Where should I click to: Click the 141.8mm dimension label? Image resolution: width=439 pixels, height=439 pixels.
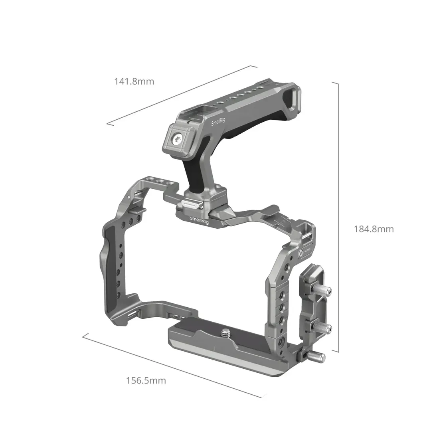(x=134, y=82)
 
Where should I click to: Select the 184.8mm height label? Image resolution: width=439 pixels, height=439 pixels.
(x=374, y=229)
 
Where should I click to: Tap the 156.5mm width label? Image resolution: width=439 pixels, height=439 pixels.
(x=146, y=380)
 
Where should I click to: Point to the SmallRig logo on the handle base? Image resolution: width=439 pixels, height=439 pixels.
(x=198, y=219)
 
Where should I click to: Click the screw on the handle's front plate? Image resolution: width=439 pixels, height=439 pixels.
(x=177, y=139)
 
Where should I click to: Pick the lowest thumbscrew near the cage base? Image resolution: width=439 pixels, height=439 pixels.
(x=321, y=355)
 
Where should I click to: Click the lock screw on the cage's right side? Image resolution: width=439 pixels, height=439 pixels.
(x=300, y=253)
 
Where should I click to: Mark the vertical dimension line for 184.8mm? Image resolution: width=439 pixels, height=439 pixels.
(x=339, y=218)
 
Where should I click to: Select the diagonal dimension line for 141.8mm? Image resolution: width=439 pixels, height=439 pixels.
(x=180, y=95)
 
